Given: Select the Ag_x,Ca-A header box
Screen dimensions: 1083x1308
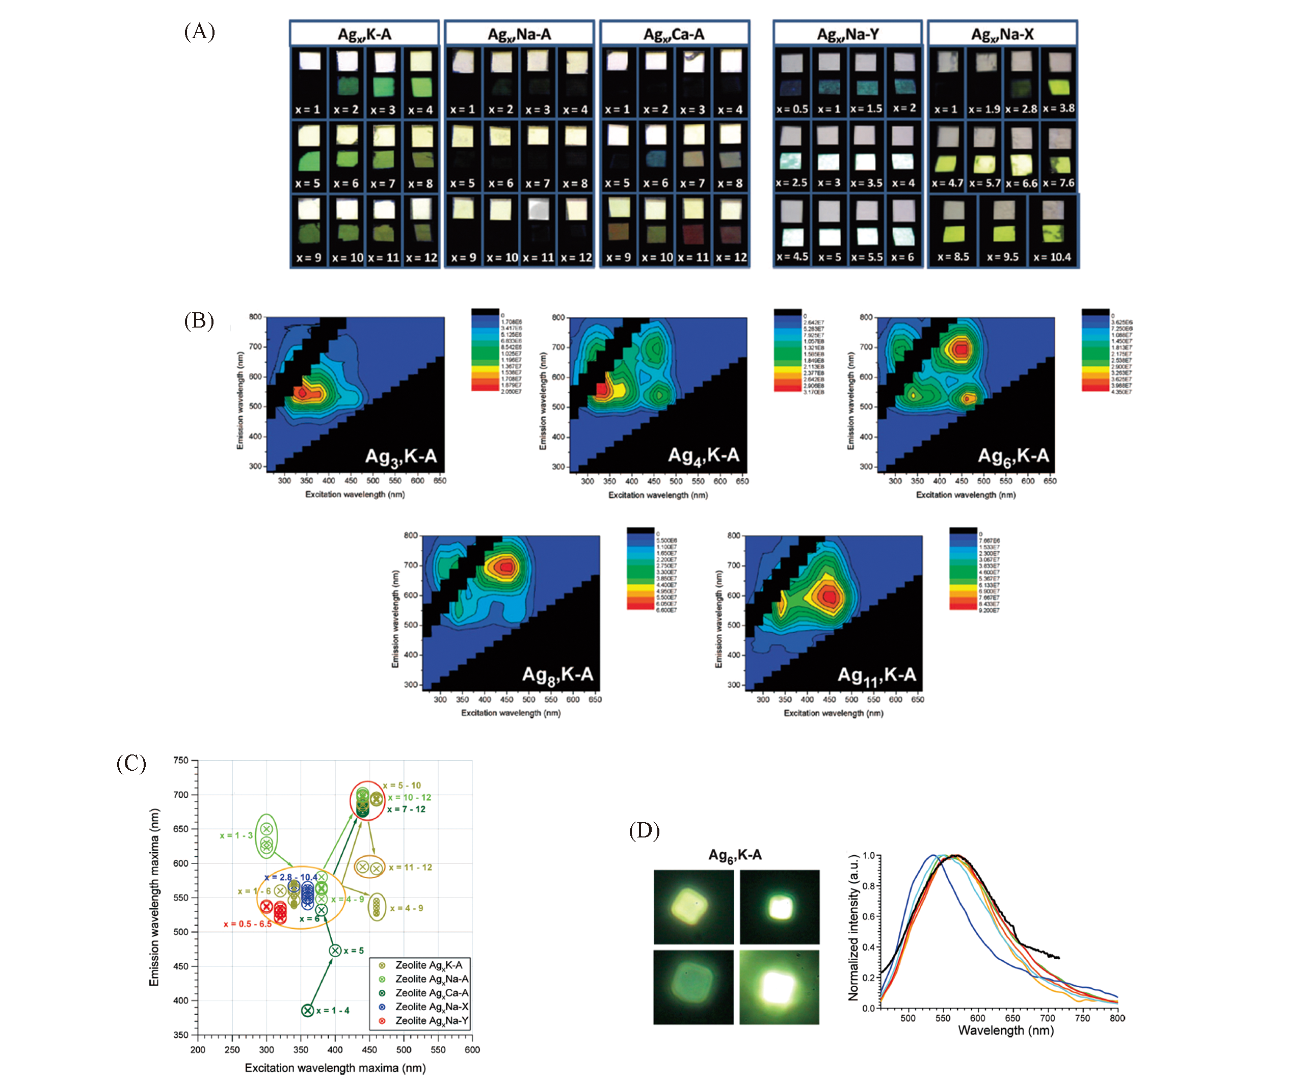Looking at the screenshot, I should point(674,34).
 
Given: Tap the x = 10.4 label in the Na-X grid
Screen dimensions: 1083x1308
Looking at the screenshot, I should point(1052,257).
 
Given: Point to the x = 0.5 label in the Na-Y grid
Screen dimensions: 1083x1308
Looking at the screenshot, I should point(792,109).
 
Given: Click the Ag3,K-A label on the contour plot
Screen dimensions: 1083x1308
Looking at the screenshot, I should point(401,457).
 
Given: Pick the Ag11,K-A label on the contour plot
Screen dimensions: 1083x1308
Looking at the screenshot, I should point(876,675).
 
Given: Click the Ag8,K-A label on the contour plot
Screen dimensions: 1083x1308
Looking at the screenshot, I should point(557,675).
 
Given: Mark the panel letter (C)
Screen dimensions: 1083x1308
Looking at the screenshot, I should point(131,764).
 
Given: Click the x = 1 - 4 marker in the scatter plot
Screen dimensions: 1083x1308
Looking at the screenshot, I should point(307,1010).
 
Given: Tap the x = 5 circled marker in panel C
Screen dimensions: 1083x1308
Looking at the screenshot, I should point(335,951).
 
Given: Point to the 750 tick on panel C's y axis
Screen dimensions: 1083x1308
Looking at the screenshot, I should point(180,761).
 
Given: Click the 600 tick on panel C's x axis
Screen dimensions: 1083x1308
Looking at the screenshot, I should point(472,1049).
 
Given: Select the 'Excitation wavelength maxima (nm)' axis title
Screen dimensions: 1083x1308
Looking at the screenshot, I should point(335,1068).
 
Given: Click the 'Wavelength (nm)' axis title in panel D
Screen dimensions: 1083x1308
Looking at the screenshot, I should point(1005,1031).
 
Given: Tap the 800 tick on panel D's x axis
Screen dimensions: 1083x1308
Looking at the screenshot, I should point(1117,1018).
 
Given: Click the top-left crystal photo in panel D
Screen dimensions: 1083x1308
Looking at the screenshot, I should point(693,907).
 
